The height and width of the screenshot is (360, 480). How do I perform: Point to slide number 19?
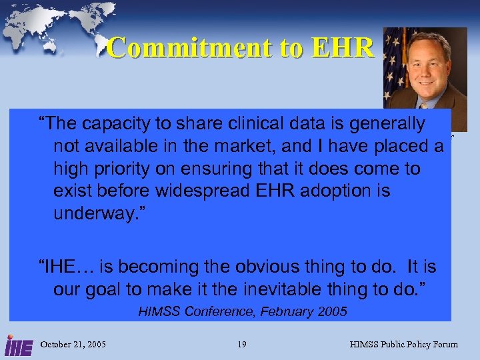pyautogui.click(x=241, y=345)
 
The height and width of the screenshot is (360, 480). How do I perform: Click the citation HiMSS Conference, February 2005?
pyautogui.click(x=243, y=311)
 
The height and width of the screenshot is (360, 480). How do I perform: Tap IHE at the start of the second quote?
pyautogui.click(x=63, y=267)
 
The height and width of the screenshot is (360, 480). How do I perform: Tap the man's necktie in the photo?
pyautogui.click(x=424, y=105)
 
